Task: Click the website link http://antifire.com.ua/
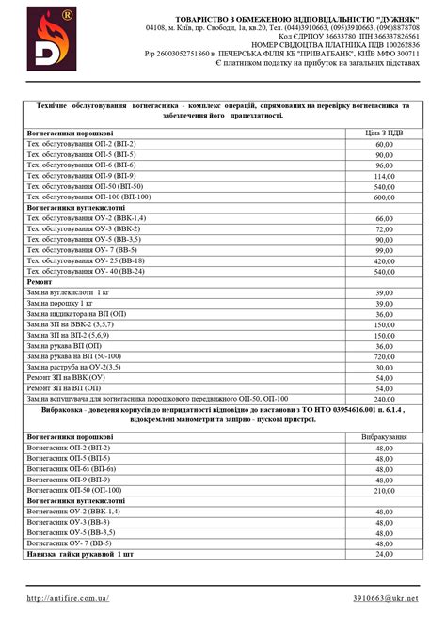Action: (x=69, y=597)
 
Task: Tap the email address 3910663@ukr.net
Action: (x=385, y=597)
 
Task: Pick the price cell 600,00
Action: (x=384, y=197)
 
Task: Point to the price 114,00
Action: (x=384, y=176)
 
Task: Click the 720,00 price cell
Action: (x=384, y=357)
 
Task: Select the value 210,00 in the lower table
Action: (x=384, y=490)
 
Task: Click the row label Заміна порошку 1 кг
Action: (x=60, y=304)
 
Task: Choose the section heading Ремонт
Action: (x=40, y=281)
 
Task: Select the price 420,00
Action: (x=384, y=260)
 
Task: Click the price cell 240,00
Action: (x=384, y=399)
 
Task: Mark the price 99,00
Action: (x=384, y=250)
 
